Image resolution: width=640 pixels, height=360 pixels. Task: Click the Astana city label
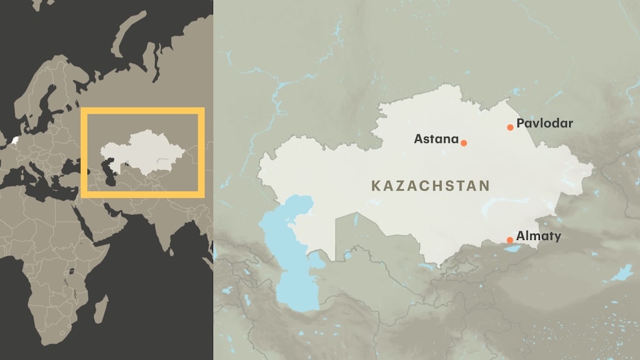(436, 139)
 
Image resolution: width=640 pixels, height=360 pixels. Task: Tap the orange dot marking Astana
(464, 143)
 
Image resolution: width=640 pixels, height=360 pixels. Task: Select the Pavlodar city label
(544, 124)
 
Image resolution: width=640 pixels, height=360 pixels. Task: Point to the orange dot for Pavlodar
(510, 127)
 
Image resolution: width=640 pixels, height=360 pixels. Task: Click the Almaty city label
(538, 236)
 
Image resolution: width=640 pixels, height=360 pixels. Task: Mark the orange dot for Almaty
(510, 240)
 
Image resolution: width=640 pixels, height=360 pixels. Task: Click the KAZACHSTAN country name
(431, 186)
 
